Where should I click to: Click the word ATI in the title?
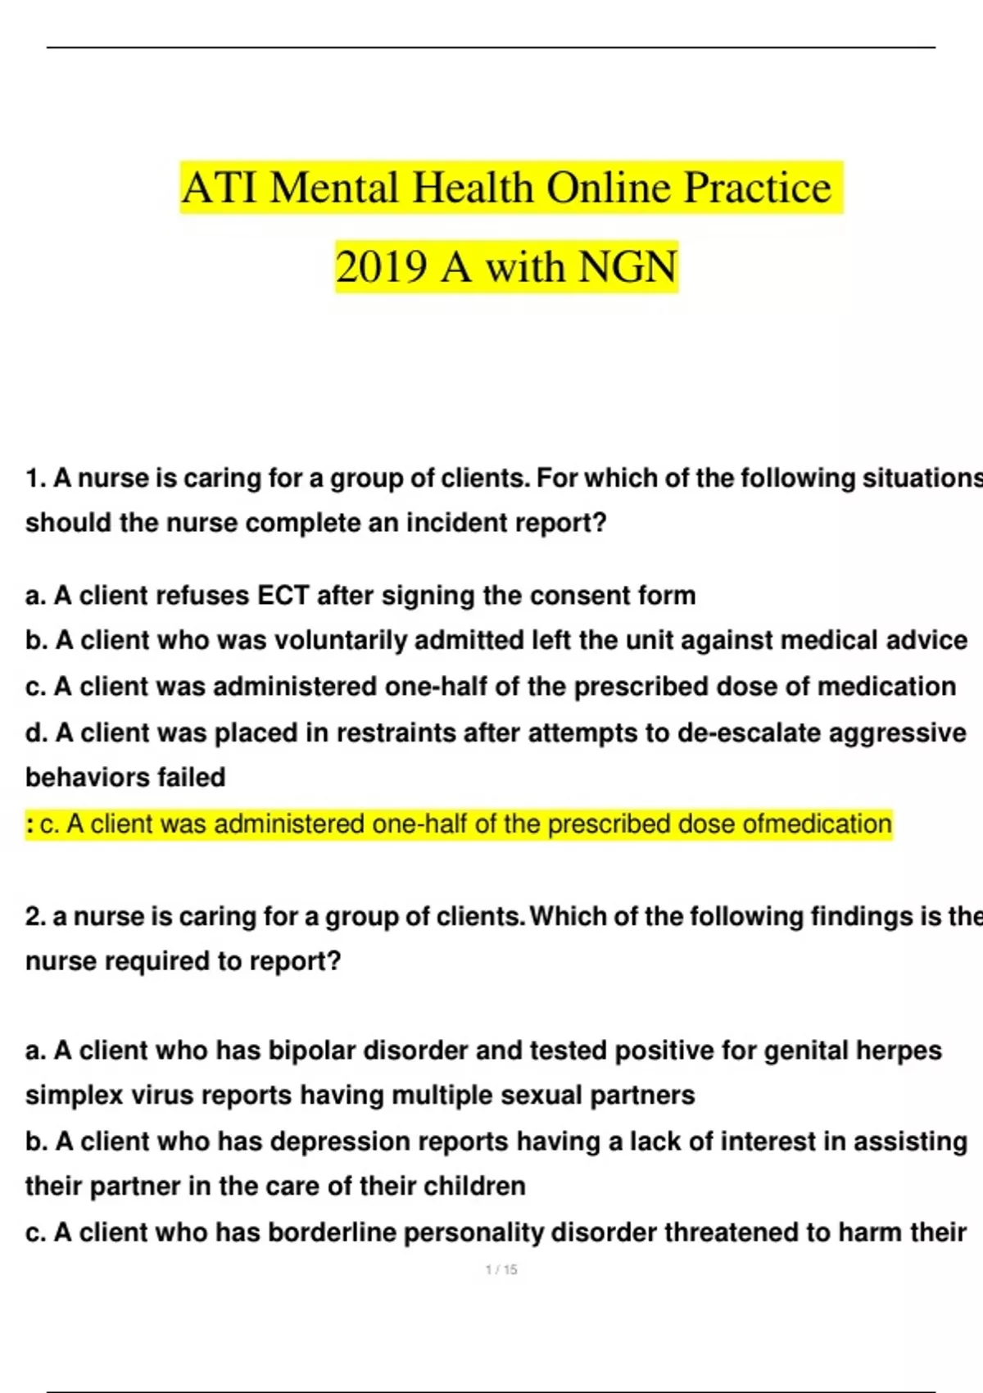pyautogui.click(x=220, y=188)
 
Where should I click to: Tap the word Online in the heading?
pyautogui.click(x=607, y=188)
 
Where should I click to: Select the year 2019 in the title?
pyautogui.click(x=381, y=267)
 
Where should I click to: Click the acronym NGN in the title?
pyautogui.click(x=627, y=267)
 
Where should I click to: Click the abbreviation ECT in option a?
pyautogui.click(x=283, y=595)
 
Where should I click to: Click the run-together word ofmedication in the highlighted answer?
pyautogui.click(x=817, y=824)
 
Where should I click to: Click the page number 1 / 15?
pyautogui.click(x=501, y=1270)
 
